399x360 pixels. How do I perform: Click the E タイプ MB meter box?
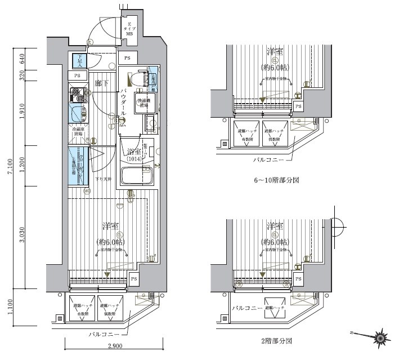click(129, 28)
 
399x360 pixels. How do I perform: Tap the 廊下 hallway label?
click(101, 83)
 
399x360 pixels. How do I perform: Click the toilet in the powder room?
click(135, 79)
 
